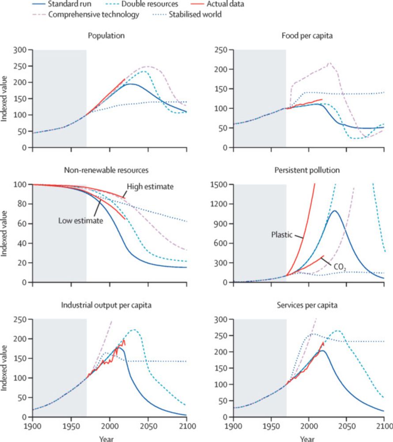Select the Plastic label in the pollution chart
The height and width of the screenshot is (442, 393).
(x=282, y=234)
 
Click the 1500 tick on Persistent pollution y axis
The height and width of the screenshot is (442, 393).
(x=222, y=184)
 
